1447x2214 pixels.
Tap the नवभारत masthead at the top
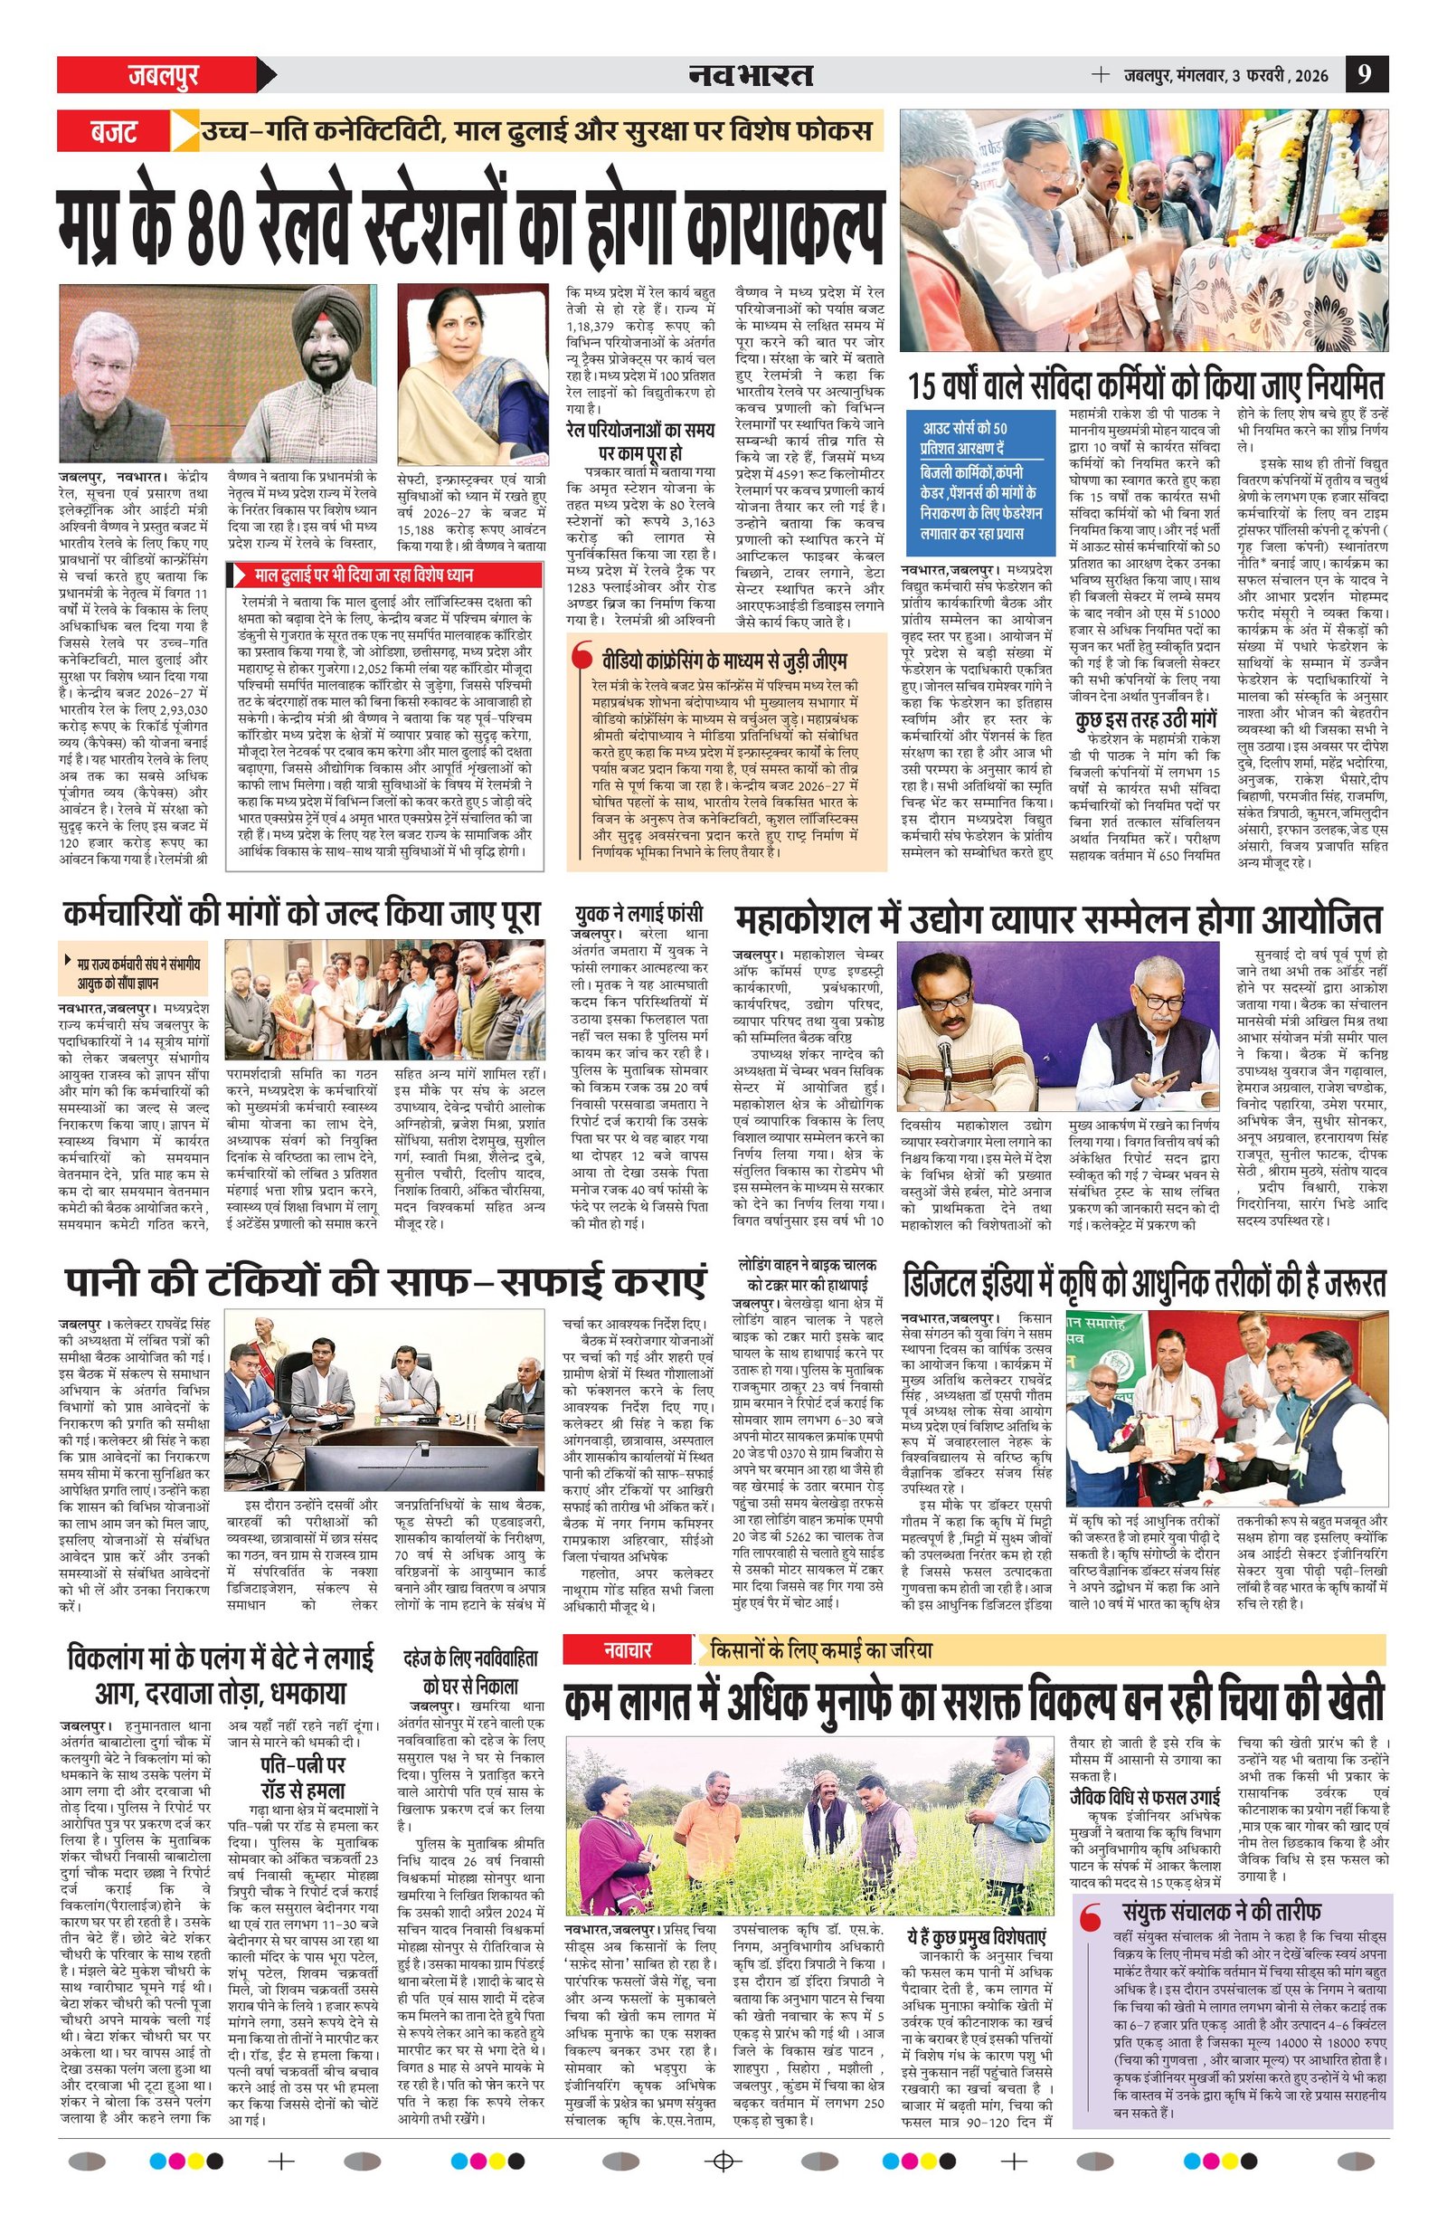coord(752,74)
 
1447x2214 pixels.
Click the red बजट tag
coord(112,130)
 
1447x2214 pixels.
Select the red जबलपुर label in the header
coord(162,74)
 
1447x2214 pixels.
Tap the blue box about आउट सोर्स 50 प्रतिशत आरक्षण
coord(978,482)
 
